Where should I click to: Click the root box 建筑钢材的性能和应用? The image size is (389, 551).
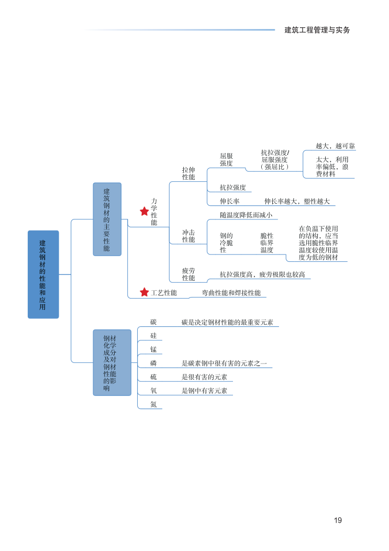point(43,274)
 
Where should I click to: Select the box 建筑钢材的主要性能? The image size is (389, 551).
point(107,219)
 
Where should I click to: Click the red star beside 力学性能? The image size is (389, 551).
point(144,212)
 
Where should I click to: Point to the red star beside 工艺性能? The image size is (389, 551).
point(144,292)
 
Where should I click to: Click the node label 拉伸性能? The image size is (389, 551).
point(188,174)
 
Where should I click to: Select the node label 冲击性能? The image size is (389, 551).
point(188,236)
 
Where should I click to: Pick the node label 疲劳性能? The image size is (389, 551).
point(188,274)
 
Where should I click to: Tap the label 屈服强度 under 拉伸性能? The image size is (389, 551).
point(226,160)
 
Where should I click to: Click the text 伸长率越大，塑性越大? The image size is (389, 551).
point(297,201)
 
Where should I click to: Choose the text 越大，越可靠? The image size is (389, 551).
point(335,146)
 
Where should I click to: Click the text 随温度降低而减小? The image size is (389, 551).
point(246,215)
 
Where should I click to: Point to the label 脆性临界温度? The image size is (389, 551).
point(267,243)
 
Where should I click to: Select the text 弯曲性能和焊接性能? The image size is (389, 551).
point(231,293)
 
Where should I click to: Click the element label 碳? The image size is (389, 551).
point(153,322)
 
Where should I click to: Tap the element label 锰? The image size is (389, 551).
point(153,349)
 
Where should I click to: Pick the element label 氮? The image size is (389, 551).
point(153,404)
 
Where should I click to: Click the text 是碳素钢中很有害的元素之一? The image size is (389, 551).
point(224,363)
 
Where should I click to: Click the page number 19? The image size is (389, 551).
point(338,520)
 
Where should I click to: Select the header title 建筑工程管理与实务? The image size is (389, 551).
point(317,30)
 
